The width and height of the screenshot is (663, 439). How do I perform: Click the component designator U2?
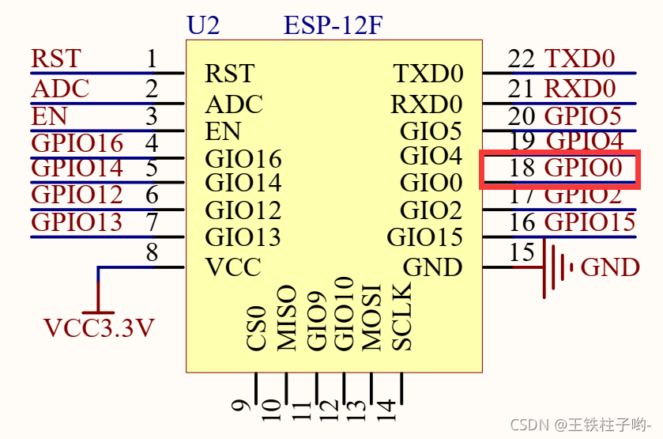coord(203,25)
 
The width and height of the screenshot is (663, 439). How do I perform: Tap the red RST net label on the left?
coord(55,59)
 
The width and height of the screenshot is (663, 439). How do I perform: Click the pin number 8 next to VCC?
coord(152,252)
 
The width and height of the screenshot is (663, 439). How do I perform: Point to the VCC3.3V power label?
coord(98,327)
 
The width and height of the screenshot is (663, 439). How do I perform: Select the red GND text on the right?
coord(609,267)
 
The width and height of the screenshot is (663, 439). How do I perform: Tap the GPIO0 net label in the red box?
coord(589,168)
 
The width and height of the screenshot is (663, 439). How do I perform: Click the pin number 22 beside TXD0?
coord(522,59)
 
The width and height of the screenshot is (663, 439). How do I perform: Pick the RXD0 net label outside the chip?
coord(579,88)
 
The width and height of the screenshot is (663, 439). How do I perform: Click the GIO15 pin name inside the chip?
coord(424,237)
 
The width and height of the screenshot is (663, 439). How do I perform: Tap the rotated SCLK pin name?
coord(401,316)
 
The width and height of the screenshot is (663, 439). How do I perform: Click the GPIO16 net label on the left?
coord(77,143)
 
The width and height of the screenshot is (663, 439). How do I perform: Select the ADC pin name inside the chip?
coord(233,104)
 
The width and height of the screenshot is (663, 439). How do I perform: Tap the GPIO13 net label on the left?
coord(77,222)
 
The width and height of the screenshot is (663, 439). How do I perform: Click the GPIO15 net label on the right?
coord(590,222)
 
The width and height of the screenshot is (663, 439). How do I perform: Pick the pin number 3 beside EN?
coord(152,115)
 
